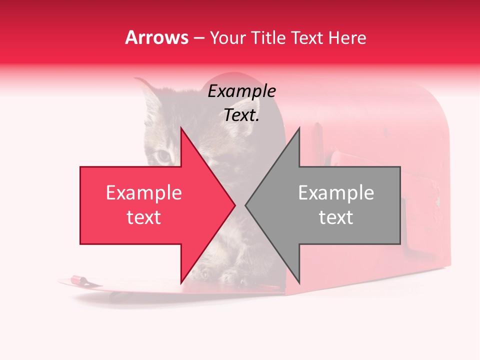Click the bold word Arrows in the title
(x=157, y=37)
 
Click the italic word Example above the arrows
(x=241, y=91)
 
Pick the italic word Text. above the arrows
(x=241, y=115)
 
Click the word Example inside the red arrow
(x=143, y=193)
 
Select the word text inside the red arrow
(x=143, y=217)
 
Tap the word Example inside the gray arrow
(x=336, y=193)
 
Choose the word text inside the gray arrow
(x=336, y=217)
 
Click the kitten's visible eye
(x=163, y=156)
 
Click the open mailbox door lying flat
(x=125, y=287)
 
